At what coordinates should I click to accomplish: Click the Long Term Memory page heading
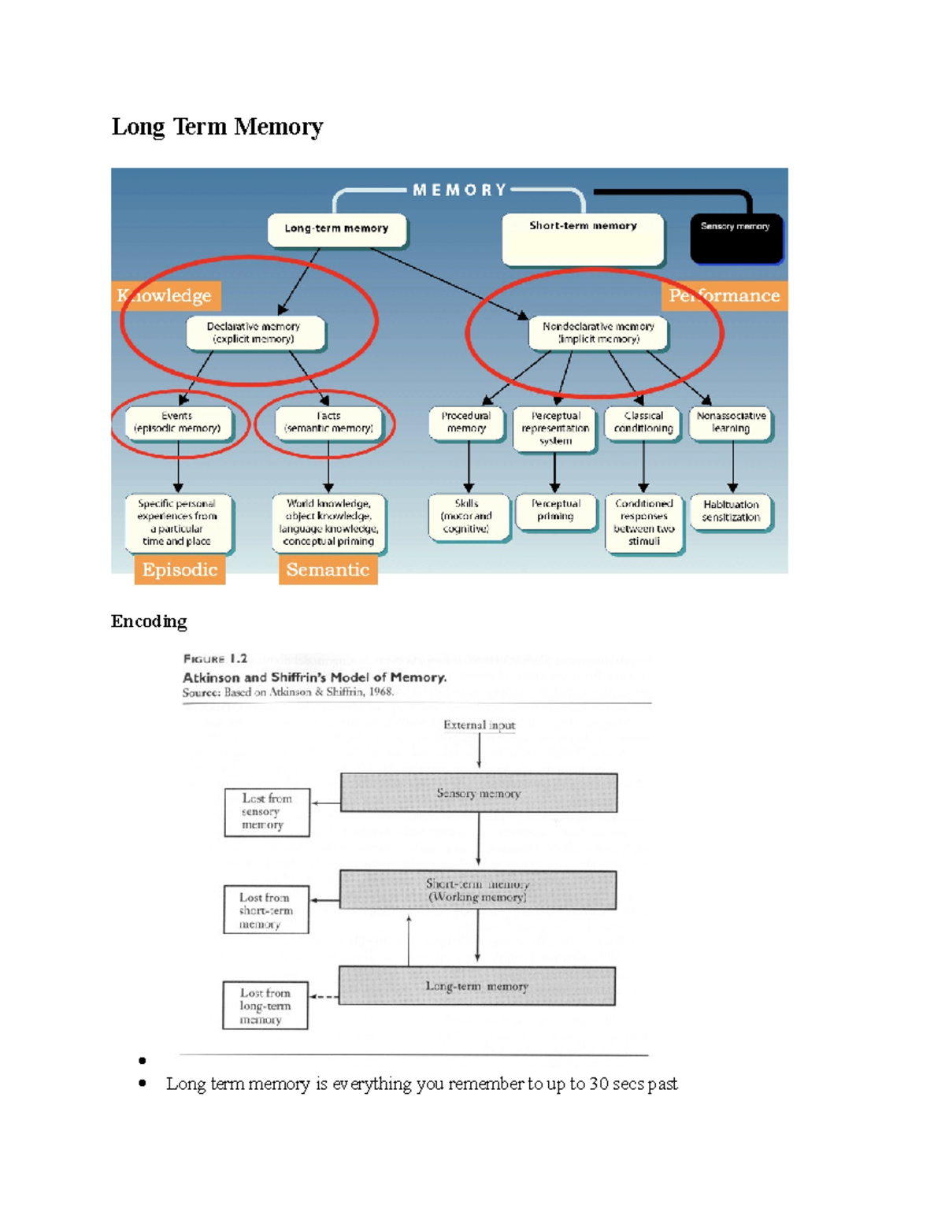pyautogui.click(x=217, y=127)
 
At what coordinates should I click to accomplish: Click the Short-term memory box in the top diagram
pyautogui.click(x=583, y=239)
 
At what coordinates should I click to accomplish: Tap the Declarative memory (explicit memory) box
pyautogui.click(x=254, y=333)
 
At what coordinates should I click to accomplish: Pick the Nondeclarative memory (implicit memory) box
pyautogui.click(x=598, y=333)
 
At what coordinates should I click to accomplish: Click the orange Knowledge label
pyautogui.click(x=165, y=296)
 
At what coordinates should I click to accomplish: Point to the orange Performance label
pyautogui.click(x=724, y=296)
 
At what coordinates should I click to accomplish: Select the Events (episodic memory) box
pyautogui.click(x=178, y=423)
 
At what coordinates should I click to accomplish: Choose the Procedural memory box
pyautogui.click(x=466, y=423)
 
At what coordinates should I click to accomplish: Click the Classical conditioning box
pyautogui.click(x=643, y=423)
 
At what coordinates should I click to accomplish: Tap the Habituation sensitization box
pyautogui.click(x=731, y=512)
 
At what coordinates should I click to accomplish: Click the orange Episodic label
pyautogui.click(x=180, y=570)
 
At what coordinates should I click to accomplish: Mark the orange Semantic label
pyautogui.click(x=328, y=570)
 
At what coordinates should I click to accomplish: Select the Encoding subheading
pyautogui.click(x=149, y=621)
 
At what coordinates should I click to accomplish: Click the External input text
pyautogui.click(x=479, y=725)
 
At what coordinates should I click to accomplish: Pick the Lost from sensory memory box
pyautogui.click(x=266, y=812)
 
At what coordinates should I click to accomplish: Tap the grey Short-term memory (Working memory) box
pyautogui.click(x=478, y=891)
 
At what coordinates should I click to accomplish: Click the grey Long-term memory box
pyautogui.click(x=477, y=987)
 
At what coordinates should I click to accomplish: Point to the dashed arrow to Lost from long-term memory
pyautogui.click(x=324, y=997)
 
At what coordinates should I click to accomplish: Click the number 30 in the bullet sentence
pyautogui.click(x=598, y=1084)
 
